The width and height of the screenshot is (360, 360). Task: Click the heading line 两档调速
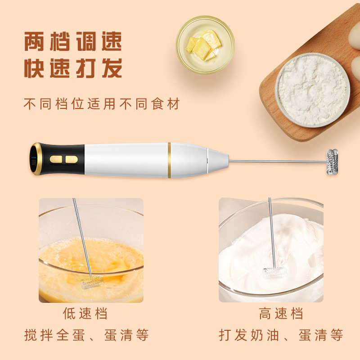[x=73, y=41]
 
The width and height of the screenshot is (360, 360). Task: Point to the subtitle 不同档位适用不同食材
[x=102, y=104]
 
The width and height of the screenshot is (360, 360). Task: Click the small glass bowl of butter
[x=205, y=44]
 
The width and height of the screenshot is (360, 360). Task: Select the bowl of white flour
[x=312, y=90]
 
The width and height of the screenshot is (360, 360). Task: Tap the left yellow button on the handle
[x=56, y=159]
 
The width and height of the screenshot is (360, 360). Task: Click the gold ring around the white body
[x=169, y=160]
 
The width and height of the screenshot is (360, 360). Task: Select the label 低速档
[x=85, y=313]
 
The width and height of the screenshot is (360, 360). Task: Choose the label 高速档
[x=281, y=313]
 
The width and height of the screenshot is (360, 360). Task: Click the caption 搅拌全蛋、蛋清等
[x=86, y=335]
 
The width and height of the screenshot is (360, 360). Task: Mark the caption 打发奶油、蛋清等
[x=281, y=335]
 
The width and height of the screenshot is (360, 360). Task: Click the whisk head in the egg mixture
[x=92, y=282]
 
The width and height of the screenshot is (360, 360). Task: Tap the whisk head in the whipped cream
[x=274, y=272]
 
